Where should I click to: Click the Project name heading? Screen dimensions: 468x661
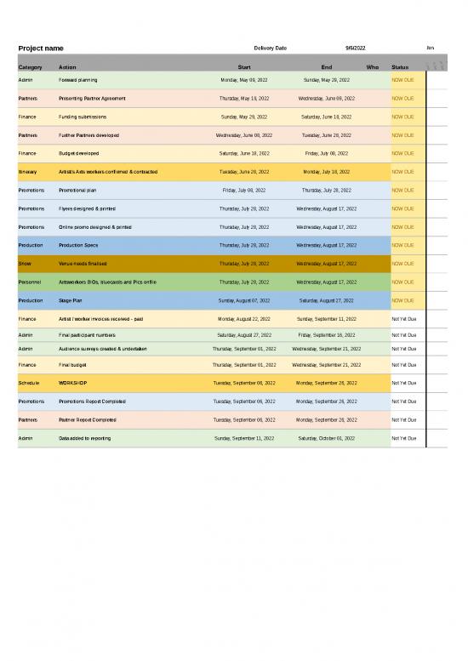[x=41, y=48]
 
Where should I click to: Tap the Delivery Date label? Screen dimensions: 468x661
[x=270, y=48]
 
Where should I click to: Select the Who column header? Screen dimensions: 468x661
[x=372, y=67]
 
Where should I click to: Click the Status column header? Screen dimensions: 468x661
[x=400, y=67]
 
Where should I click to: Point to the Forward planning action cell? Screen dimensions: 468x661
[x=77, y=80]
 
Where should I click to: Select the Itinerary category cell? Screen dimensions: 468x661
[x=27, y=172]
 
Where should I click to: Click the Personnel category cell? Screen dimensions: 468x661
[x=30, y=282]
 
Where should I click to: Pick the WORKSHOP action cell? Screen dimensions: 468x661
[x=72, y=383]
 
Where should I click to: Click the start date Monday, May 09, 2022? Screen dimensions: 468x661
[x=244, y=80]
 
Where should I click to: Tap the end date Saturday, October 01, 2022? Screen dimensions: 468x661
[x=327, y=438]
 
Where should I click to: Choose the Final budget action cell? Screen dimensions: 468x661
[x=72, y=364]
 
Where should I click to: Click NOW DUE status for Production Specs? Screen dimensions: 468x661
[x=402, y=245]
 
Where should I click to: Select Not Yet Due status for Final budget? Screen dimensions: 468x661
[x=403, y=364]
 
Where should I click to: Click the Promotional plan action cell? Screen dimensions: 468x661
[x=77, y=191]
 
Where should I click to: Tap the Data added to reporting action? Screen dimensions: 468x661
[x=84, y=438]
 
